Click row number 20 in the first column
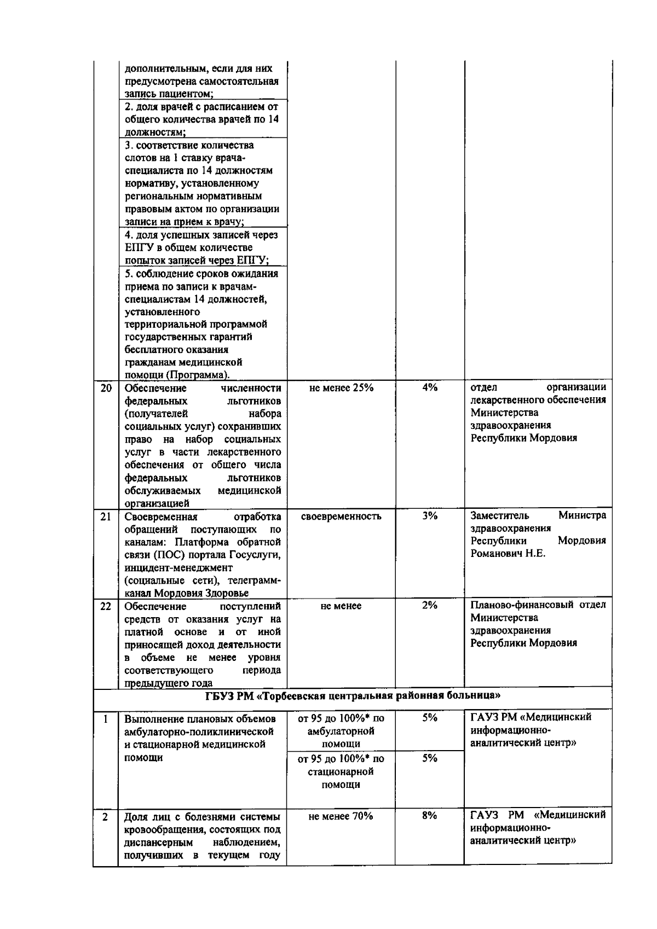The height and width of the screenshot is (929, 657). pyautogui.click(x=106, y=388)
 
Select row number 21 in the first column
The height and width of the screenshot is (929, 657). pyautogui.click(x=106, y=516)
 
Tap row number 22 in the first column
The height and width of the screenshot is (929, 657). pyautogui.click(x=106, y=606)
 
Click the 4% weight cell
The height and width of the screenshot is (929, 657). pyautogui.click(x=430, y=388)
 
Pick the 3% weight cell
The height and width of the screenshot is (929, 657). pyautogui.click(x=430, y=516)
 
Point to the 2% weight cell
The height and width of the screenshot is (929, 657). pyautogui.click(x=430, y=606)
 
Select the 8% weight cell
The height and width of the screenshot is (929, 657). pyautogui.click(x=430, y=816)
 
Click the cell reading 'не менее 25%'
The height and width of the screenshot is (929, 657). pyautogui.click(x=341, y=388)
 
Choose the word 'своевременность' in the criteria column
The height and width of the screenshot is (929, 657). pyautogui.click(x=341, y=516)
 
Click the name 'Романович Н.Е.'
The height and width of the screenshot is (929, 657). pyautogui.click(x=508, y=554)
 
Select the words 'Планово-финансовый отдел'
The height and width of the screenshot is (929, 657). pyautogui.click(x=538, y=605)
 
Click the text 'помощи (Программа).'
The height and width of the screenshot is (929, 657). pyautogui.click(x=177, y=375)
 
